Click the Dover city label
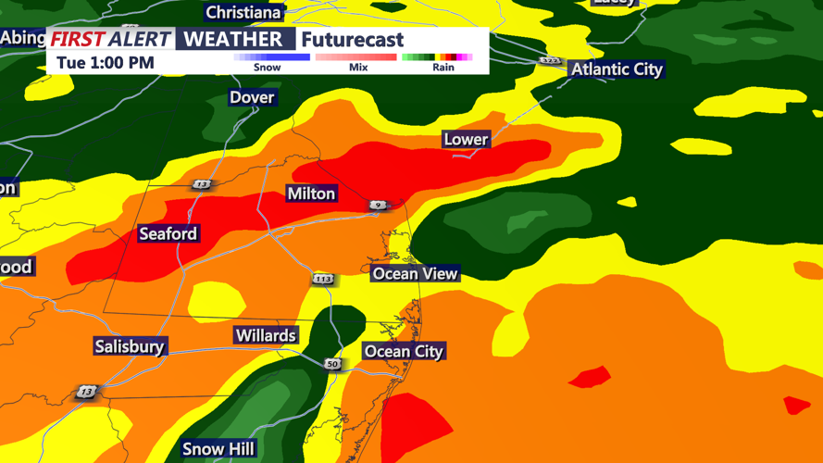pos(252,97)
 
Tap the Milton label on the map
pos(311,194)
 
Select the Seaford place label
pos(168,233)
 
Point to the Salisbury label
pos(130,346)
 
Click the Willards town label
pos(266,335)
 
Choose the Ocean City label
pos(404,351)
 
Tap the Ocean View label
pos(415,273)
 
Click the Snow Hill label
pos(218,449)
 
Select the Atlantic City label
pos(617,69)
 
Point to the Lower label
pos(466,140)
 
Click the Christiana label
pos(243,13)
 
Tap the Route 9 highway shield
pos(378,205)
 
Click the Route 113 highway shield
pos(322,279)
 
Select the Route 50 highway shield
pos(332,364)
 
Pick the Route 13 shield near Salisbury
pos(86,393)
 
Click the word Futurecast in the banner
pos(353,40)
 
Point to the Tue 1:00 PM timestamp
pos(106,63)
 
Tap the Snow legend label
pos(267,68)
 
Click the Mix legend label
pos(358,68)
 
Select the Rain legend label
pos(443,68)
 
